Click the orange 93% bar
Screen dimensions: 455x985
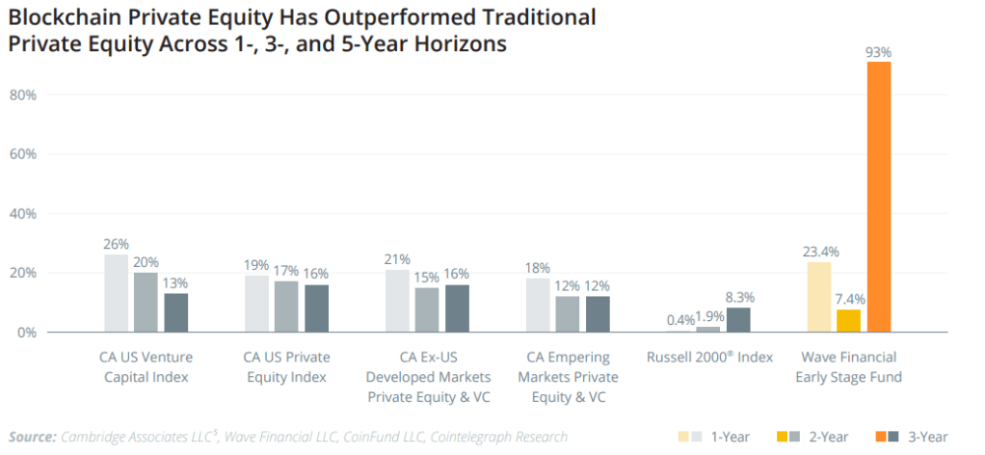coord(879,197)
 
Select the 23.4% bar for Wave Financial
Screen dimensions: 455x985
coord(818,297)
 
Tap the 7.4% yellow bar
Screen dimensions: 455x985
coord(848,320)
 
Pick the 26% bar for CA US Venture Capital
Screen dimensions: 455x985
coord(116,293)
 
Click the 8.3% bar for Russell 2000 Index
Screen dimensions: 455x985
coord(737,319)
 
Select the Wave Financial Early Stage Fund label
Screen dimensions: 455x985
coord(848,366)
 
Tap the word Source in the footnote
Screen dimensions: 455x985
coord(32,436)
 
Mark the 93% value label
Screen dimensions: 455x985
coord(879,51)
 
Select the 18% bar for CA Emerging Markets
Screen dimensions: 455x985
coord(538,305)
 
